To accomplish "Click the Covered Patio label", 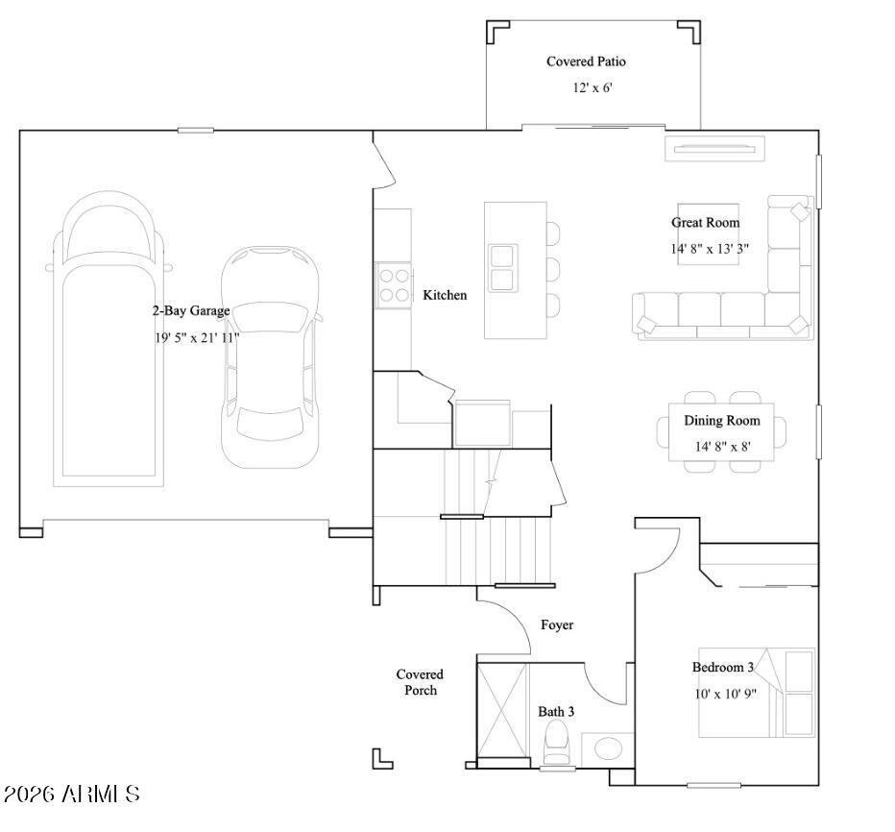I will [x=586, y=61].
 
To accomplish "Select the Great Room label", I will [x=705, y=223].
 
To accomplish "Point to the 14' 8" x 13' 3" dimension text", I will [x=710, y=249].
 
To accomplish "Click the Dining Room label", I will [x=721, y=421].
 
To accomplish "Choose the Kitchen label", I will [x=445, y=295].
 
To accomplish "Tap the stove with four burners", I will [x=393, y=285].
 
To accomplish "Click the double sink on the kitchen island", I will [x=502, y=268].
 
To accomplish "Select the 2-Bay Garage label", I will [x=191, y=311].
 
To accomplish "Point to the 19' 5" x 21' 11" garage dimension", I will [x=196, y=337].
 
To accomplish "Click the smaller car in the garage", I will [x=269, y=355].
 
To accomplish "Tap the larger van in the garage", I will [x=108, y=336].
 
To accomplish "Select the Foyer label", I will [x=557, y=625].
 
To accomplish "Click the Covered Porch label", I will [x=420, y=682].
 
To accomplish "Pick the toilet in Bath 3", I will [x=556, y=744].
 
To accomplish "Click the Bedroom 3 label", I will [x=723, y=668].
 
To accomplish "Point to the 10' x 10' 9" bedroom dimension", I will [x=725, y=694].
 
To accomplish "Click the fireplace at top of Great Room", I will [x=717, y=148].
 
